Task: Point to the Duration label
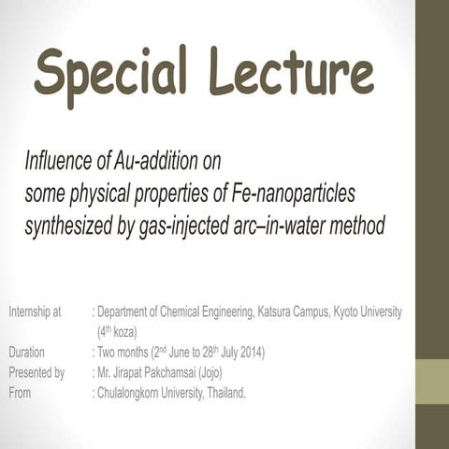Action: point(26,353)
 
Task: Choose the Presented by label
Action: point(36,372)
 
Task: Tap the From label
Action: point(20,393)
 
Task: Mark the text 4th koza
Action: point(117,331)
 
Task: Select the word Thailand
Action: point(223,393)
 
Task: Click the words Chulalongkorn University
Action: point(145,393)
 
